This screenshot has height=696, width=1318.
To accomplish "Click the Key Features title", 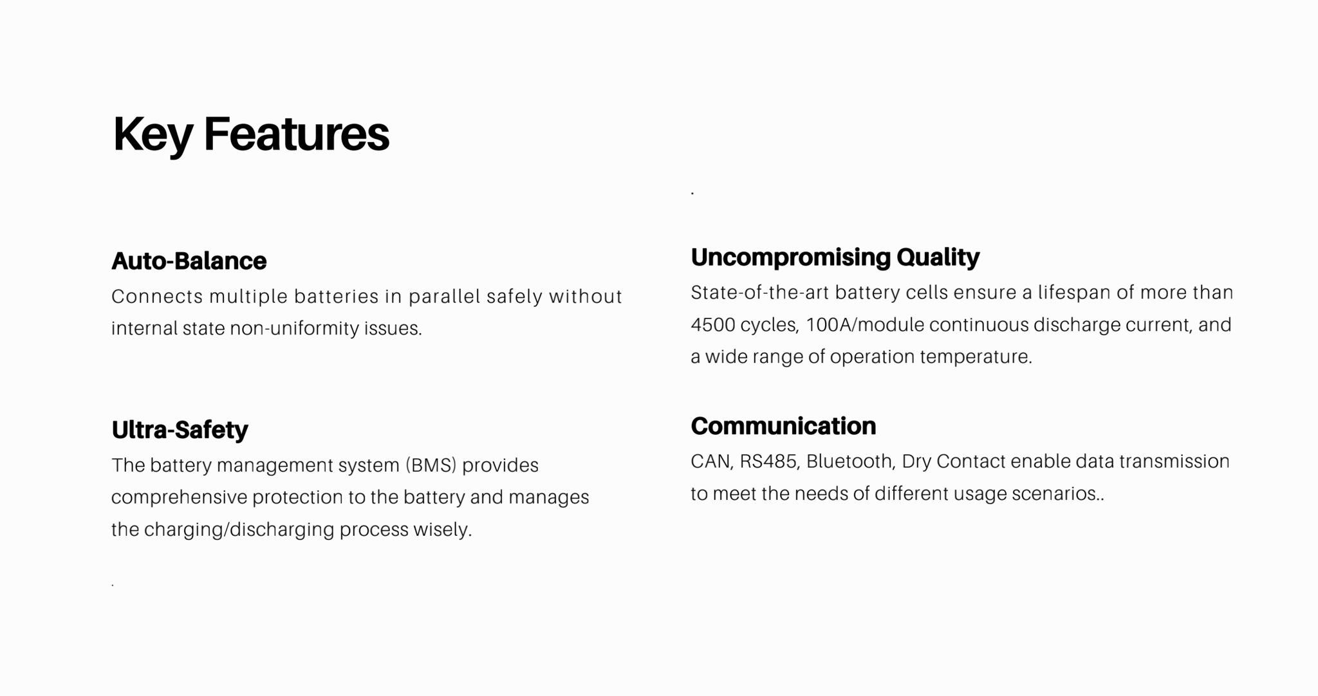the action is (251, 135).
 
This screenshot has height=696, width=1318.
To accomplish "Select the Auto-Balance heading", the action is (189, 261).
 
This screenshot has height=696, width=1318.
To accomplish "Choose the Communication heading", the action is (783, 426).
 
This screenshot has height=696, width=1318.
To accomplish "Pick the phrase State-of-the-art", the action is (759, 293).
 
